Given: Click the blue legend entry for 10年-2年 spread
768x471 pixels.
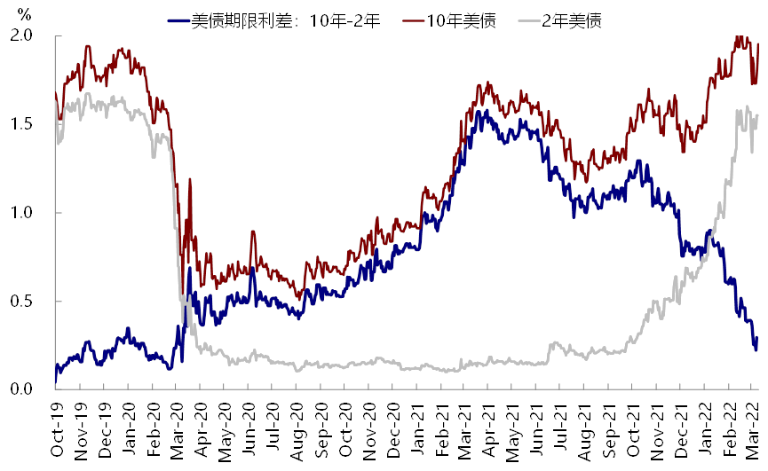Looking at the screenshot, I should pyautogui.click(x=275, y=20).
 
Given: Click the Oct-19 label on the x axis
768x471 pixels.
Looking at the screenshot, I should pyautogui.click(x=57, y=428).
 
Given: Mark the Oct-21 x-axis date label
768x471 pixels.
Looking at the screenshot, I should pyautogui.click(x=634, y=428).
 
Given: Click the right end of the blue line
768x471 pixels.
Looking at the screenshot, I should pyautogui.click(x=756, y=350).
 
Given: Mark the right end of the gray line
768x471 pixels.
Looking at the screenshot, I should pyautogui.click(x=757, y=115).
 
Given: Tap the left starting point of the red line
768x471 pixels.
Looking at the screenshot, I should pyautogui.click(x=56, y=92).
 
